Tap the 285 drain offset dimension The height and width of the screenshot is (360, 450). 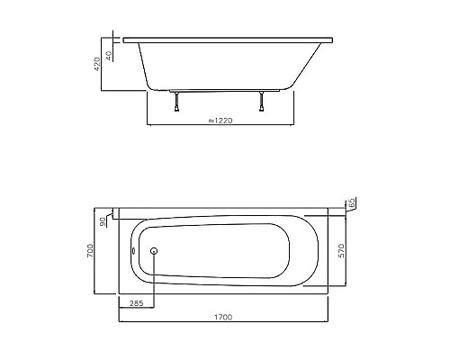point(135,304)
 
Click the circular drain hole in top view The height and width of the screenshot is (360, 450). point(154,252)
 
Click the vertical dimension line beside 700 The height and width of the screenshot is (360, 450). point(98,250)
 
